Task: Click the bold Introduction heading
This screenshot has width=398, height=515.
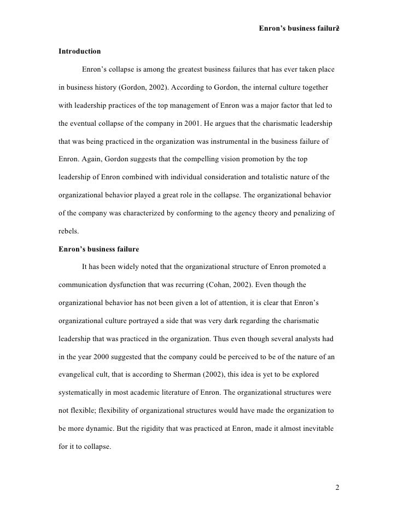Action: (x=79, y=51)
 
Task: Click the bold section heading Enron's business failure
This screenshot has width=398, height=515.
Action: (x=98, y=249)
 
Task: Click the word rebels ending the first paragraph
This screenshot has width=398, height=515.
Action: (x=68, y=231)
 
